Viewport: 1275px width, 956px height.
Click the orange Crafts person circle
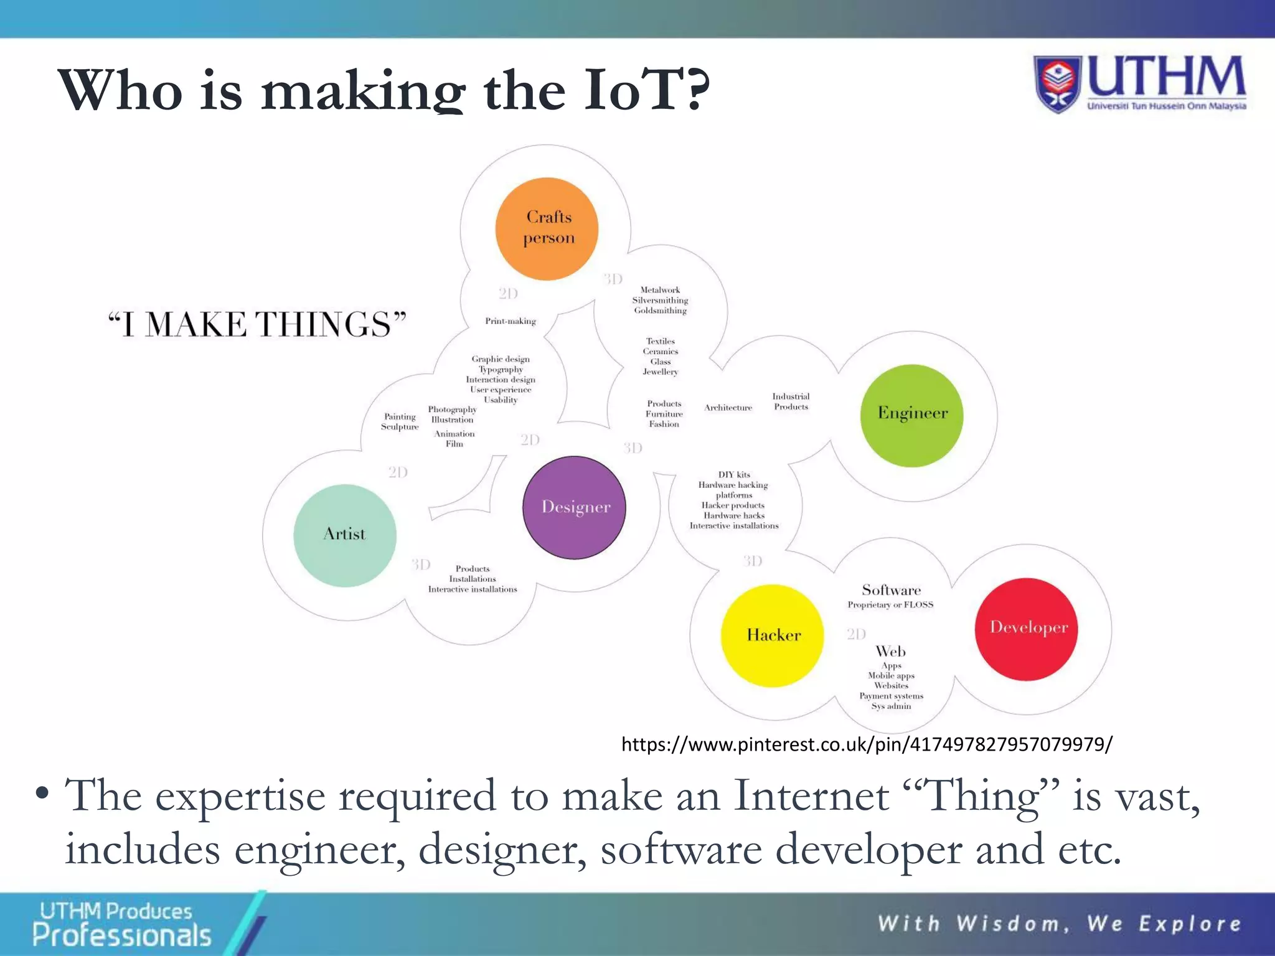tap(547, 228)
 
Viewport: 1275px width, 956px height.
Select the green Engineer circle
tap(911, 415)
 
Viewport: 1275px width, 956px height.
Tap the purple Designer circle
tap(574, 507)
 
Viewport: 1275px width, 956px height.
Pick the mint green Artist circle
tap(344, 535)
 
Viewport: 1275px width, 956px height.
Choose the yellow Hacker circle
tap(772, 635)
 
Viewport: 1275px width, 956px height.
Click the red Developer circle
tap(1026, 629)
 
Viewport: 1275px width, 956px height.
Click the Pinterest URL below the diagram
tap(866, 744)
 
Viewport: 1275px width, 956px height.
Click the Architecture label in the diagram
tap(728, 408)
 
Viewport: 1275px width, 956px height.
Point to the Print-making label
tap(510, 321)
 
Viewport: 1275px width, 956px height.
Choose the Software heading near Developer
tap(891, 590)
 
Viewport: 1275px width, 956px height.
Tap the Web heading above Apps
tap(890, 652)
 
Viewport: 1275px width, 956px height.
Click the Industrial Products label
tap(791, 401)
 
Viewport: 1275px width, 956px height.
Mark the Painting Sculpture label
tap(400, 421)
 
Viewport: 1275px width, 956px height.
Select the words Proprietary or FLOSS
tap(890, 605)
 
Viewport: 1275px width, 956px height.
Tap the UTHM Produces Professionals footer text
tap(121, 924)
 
